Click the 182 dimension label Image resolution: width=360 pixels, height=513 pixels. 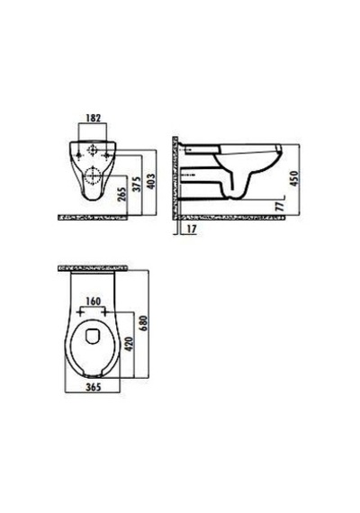(x=94, y=118)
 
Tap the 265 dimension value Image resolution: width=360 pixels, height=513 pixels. (x=121, y=195)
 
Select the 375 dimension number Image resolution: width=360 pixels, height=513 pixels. (x=137, y=184)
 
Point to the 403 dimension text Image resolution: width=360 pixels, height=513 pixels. (x=151, y=181)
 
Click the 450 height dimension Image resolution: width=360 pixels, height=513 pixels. (x=294, y=178)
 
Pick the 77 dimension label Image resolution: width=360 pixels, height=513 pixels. (x=279, y=206)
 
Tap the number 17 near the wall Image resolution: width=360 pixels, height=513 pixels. (x=192, y=229)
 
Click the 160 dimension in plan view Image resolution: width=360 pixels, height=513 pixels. (x=93, y=301)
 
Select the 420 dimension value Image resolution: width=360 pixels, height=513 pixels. (x=130, y=344)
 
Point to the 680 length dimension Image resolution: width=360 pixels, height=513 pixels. (x=144, y=323)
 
